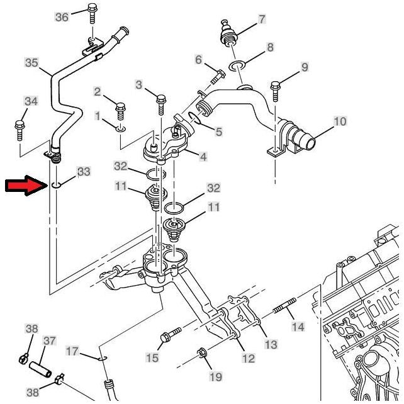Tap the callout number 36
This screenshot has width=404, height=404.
pos(62,17)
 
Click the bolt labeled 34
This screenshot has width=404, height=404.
pos(19,128)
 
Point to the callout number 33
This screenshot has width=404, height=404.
pos(84,171)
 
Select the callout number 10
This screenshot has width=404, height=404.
pos(339,121)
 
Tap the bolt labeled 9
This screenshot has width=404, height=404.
pos(275,89)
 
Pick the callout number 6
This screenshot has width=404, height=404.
pos(199,60)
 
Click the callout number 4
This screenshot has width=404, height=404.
pos(203,157)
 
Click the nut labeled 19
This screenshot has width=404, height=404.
pos(203,352)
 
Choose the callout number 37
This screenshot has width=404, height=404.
pos(50,341)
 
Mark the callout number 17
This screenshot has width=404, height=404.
pos(73,351)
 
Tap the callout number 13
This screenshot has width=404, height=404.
pos(271,344)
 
